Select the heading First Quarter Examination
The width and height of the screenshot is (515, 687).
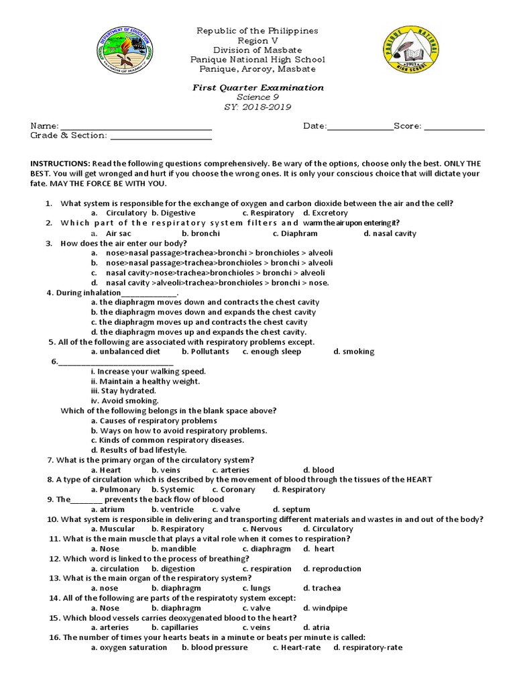coord(257,88)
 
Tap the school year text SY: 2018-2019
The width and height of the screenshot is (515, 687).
coord(257,107)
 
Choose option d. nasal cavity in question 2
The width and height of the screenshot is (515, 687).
coord(390,233)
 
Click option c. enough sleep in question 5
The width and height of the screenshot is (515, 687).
coord(272,352)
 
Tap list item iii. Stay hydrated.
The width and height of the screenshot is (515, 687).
coord(123,391)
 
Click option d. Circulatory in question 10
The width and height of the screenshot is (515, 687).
coord(328,529)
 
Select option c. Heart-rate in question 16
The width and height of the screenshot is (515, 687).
coord(296,648)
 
